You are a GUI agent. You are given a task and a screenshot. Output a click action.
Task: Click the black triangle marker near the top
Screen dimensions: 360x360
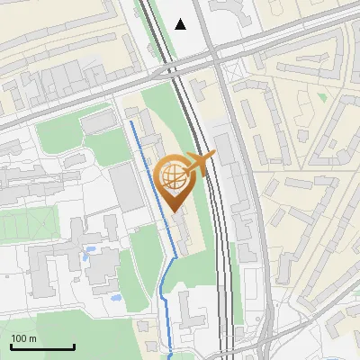[181, 24]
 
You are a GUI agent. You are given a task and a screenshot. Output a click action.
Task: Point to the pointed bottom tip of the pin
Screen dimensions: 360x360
[173, 211]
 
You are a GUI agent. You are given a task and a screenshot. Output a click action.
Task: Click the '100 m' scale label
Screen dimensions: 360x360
[23, 338]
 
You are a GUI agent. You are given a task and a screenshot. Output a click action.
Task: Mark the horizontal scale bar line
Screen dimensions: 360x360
[42, 347]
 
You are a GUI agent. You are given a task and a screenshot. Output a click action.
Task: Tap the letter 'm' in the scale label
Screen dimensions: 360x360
[32, 338]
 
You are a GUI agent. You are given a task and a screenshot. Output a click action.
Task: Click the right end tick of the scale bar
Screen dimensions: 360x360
[74, 346]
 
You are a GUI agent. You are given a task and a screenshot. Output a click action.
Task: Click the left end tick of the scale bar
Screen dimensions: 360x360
[11, 346]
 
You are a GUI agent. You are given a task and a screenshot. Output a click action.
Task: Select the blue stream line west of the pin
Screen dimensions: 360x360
[153, 180]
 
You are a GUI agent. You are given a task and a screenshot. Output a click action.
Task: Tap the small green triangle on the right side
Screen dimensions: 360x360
[322, 95]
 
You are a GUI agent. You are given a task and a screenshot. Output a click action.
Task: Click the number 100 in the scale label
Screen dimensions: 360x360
[19, 338]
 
